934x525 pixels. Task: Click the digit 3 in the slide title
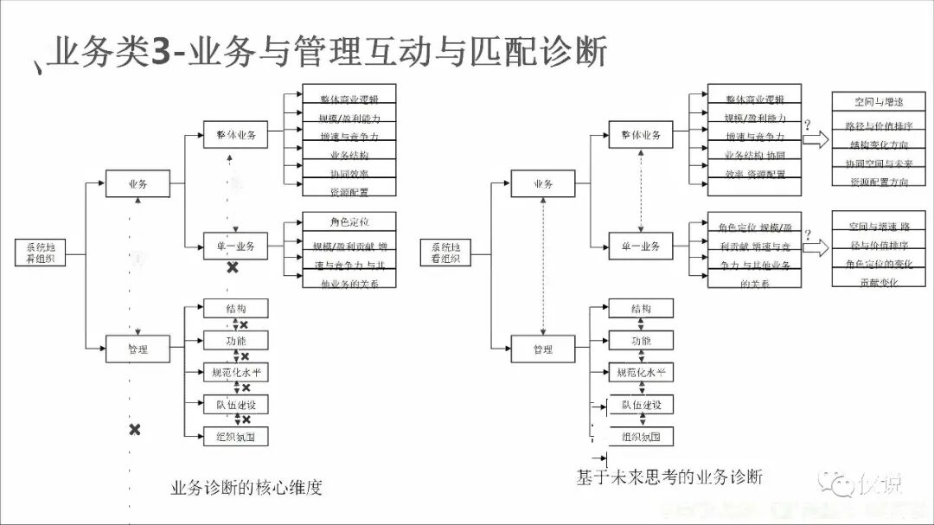pos(161,53)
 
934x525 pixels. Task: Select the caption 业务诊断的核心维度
pos(247,487)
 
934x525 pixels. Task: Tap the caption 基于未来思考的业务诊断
pos(669,477)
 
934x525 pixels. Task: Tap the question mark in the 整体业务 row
pos(808,125)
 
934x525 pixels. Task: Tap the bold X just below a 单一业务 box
pos(232,268)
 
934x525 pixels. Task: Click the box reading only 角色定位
pos(349,221)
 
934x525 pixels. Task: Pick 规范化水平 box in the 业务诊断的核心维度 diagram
pos(235,373)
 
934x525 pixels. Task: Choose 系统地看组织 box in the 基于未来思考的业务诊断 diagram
pos(445,253)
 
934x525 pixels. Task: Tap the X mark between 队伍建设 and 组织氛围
pos(246,419)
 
